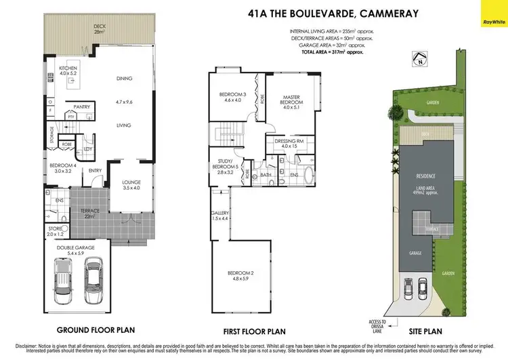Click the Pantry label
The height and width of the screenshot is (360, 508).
[x=82, y=106]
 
